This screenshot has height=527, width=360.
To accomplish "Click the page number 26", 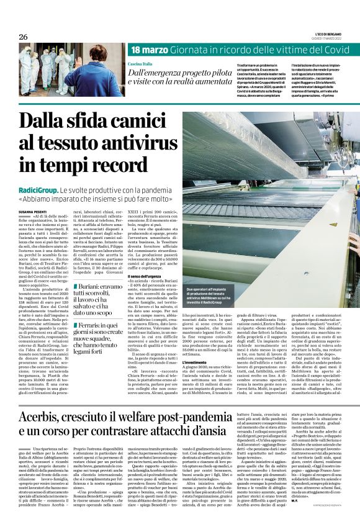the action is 23,37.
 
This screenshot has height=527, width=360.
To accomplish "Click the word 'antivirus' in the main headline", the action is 119,145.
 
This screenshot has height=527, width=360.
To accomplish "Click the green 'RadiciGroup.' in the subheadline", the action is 38,189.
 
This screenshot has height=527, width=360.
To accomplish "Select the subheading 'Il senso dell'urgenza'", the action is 146,275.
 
